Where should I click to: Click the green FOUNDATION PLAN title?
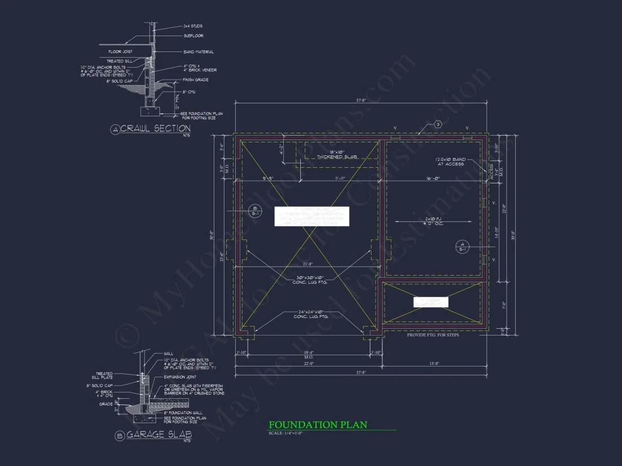click(318, 425)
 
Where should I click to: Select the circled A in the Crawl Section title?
click(115, 130)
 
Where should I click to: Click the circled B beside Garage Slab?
click(119, 435)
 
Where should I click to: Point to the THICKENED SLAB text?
click(342, 156)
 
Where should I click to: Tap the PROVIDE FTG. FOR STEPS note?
click(433, 335)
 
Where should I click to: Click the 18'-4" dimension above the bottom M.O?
click(308, 352)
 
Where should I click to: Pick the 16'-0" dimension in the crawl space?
click(434, 178)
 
